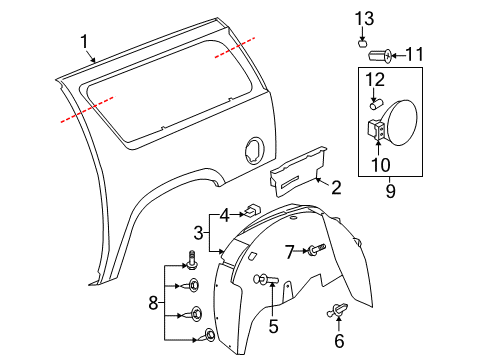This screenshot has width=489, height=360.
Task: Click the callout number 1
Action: [x=85, y=42]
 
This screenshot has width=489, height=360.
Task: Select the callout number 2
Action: [x=336, y=186]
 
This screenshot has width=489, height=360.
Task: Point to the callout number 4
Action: [x=226, y=213]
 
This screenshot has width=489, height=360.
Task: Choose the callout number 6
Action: [x=338, y=340]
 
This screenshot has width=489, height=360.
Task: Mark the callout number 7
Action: [x=288, y=250]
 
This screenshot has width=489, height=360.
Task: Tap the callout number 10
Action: [x=378, y=163]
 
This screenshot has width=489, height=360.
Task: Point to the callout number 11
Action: [x=414, y=54]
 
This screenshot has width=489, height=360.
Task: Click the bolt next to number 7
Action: [x=316, y=250]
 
